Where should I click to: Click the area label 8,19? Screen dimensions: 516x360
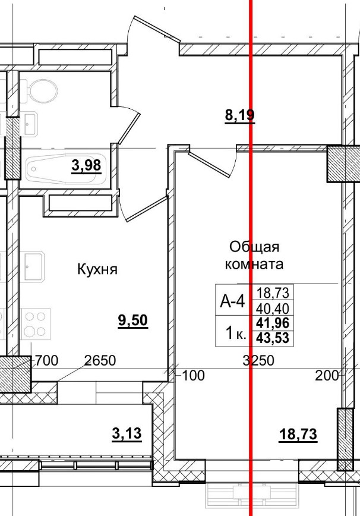pos(239,115)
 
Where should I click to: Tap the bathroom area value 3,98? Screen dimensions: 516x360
pos(86,166)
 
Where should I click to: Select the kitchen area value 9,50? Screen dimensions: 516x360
pos(132,321)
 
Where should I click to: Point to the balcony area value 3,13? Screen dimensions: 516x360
pos(127,434)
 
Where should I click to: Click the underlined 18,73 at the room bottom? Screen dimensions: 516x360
pos(298,435)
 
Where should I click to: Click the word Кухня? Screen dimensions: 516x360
pos(97,269)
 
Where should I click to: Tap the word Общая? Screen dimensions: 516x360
pos(254,247)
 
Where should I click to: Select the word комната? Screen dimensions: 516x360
pos(254,263)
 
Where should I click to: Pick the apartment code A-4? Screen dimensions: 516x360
pos(232,301)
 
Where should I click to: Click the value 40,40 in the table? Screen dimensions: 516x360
pos(275,308)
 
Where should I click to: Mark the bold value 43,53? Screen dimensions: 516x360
pos(275,338)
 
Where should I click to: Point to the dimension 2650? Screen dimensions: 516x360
pos(99,360)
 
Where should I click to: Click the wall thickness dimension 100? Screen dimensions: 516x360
pos(191,375)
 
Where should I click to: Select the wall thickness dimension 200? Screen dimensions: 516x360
pos(327,375)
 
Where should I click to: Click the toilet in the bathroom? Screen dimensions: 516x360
pos(42,90)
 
